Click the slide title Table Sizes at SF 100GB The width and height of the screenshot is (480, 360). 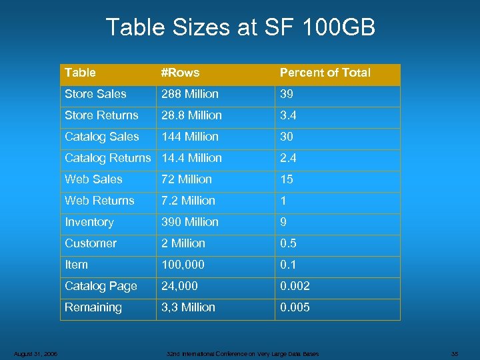(240, 28)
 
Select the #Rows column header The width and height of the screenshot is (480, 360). (180, 73)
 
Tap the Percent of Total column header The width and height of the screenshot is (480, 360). (325, 73)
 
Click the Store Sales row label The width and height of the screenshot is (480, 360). (95, 94)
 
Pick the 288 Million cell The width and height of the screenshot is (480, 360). (189, 94)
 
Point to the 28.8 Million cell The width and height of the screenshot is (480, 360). (191, 115)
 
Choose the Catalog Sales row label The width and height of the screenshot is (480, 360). (102, 137)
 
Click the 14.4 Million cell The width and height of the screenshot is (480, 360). (191, 158)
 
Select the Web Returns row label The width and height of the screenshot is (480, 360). (99, 201)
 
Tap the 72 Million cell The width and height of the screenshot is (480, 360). (187, 179)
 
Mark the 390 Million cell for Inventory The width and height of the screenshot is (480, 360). (190, 222)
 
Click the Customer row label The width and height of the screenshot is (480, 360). (91, 243)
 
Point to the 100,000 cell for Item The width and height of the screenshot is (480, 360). (183, 265)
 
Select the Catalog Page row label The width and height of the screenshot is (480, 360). (101, 286)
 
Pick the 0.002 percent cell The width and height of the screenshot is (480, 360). (295, 286)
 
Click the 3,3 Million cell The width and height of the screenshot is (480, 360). (188, 307)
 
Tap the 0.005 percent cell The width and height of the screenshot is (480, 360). (295, 307)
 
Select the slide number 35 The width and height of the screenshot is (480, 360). (455, 353)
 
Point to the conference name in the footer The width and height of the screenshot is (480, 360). (242, 353)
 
